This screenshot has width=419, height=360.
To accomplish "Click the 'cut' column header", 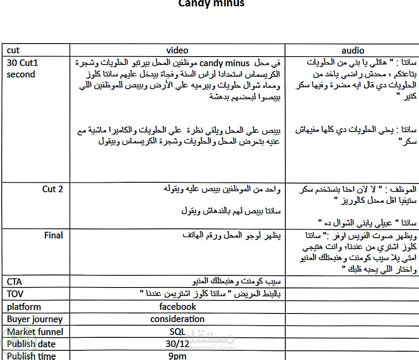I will point(13,50).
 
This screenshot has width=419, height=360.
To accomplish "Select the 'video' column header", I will point(177,50).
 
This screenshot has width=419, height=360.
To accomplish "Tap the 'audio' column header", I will point(353,50).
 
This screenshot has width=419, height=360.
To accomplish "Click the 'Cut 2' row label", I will point(52,189).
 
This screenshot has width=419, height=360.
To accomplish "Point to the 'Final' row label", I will point(53,235).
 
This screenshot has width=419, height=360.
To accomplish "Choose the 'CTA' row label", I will point(15,281).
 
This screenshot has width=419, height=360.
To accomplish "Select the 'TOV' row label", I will point(15,294).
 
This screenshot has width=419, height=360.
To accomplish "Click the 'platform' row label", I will point(24,307).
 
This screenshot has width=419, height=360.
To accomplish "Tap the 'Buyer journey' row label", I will point(35,319).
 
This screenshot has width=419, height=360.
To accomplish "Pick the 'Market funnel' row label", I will point(35,332).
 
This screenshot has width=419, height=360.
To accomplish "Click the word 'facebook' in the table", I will point(178,307).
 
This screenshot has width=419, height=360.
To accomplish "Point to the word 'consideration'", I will point(177,319).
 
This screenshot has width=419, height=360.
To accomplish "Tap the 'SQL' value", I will point(177,332).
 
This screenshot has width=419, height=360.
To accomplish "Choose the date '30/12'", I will point(177,344).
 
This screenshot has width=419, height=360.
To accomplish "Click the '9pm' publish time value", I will point(177,356).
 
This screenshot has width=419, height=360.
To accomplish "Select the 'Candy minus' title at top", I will point(211,3).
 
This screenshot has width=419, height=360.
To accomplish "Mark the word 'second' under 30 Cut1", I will point(21,75).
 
